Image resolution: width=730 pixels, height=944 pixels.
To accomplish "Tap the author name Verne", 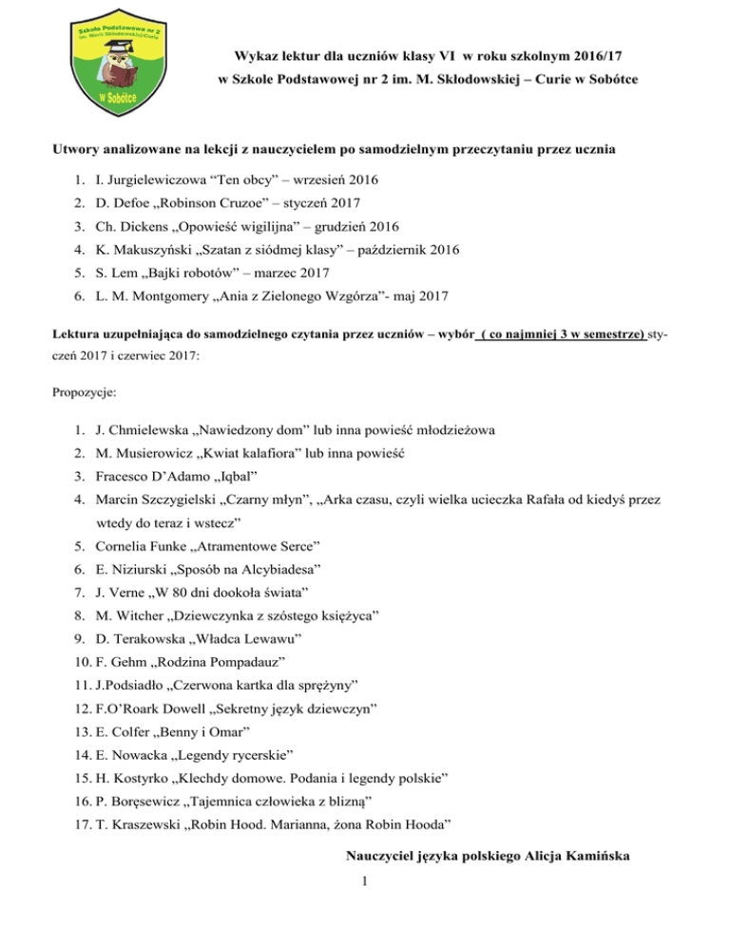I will [x=130, y=622].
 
